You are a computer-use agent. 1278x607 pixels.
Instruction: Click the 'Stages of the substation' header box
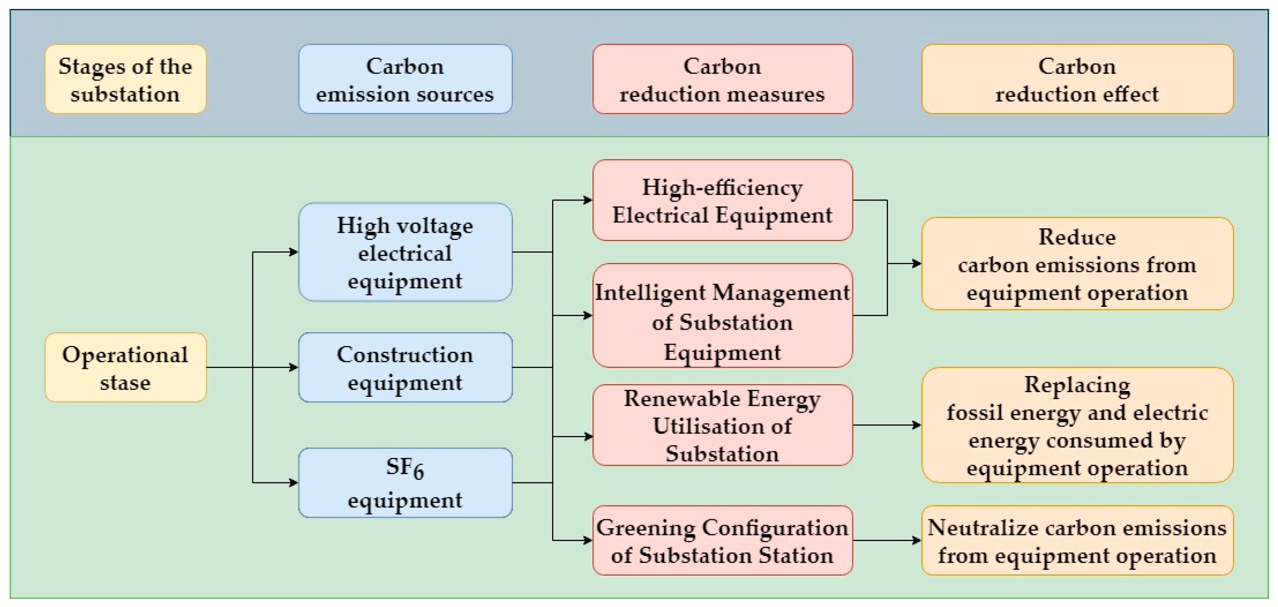pos(125,79)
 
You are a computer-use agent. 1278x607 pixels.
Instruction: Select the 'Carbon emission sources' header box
pos(405,79)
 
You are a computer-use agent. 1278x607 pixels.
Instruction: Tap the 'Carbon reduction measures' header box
pos(722,79)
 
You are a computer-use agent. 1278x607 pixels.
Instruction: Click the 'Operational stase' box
pos(125,367)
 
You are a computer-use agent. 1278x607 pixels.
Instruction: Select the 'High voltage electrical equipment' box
pos(405,252)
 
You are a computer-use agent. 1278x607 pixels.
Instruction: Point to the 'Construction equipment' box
pos(405,367)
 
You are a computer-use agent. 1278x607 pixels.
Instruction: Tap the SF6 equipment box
pos(405,483)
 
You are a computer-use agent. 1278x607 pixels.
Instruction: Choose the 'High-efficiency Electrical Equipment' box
pos(722,200)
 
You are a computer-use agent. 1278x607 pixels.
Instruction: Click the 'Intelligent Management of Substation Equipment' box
pos(722,315)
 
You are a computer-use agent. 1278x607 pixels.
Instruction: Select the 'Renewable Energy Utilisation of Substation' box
pos(722,425)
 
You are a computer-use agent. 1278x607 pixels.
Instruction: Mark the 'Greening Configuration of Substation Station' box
pos(722,541)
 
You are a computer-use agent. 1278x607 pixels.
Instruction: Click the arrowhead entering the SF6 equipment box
pos(294,483)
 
